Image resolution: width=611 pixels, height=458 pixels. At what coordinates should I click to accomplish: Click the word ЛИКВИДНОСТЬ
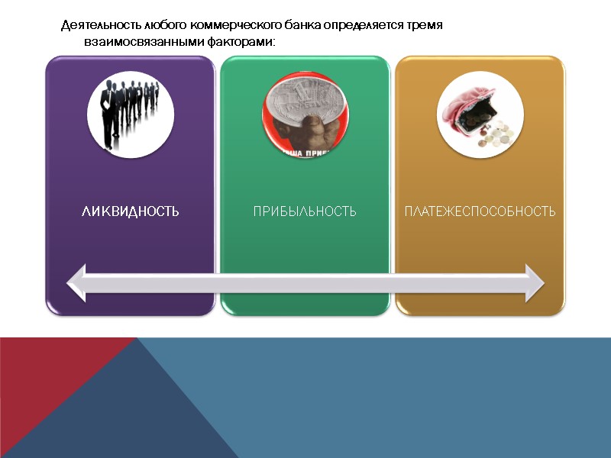point(130,211)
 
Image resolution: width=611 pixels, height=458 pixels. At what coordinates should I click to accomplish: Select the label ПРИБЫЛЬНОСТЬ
point(305,211)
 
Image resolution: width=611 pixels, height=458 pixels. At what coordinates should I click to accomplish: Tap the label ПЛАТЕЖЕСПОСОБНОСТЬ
point(480,211)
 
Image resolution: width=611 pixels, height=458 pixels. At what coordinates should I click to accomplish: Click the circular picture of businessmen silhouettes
point(130,114)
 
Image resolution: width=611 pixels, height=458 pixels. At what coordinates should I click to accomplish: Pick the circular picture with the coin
point(305,114)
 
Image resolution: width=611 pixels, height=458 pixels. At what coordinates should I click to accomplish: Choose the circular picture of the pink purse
point(480,114)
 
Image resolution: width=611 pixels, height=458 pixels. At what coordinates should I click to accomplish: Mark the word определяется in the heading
point(366,25)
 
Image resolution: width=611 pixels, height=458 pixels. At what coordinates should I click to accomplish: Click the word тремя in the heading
point(428,25)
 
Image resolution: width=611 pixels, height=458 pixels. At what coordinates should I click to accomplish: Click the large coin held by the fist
point(302,99)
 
